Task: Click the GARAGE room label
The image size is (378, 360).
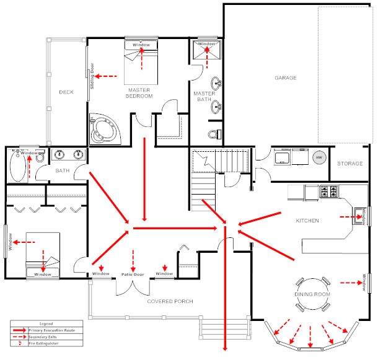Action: pyautogui.click(x=286, y=78)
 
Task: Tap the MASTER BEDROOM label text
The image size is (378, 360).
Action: pyautogui.click(x=140, y=93)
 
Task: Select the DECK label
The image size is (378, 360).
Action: pyautogui.click(x=66, y=92)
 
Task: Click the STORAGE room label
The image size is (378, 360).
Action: pyautogui.click(x=350, y=164)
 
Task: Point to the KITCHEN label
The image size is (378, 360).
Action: pyautogui.click(x=307, y=221)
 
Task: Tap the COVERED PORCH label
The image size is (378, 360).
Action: pyautogui.click(x=170, y=301)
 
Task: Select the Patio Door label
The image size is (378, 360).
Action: pyautogui.click(x=133, y=273)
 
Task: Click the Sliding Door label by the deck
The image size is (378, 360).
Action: pyautogui.click(x=92, y=76)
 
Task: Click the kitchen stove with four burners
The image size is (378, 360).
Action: pyautogui.click(x=328, y=192)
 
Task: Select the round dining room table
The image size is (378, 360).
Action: pyautogui.click(x=312, y=294)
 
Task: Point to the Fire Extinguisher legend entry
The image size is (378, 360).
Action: pyautogui.click(x=41, y=343)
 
